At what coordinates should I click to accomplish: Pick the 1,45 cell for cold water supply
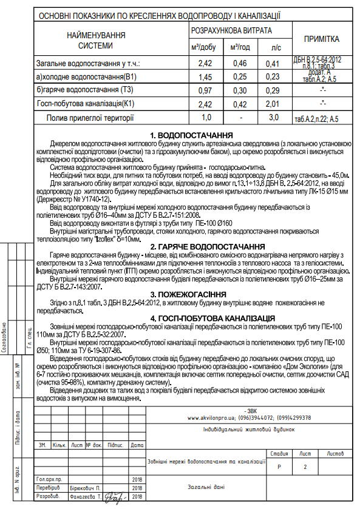pos(205,76)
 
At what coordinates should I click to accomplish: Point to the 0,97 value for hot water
pos(205,90)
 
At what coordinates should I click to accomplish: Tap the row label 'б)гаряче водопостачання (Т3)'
pos(84,90)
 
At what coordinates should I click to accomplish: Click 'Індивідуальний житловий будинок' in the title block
pos(249,429)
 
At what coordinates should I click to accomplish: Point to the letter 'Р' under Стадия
pos(279,467)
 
